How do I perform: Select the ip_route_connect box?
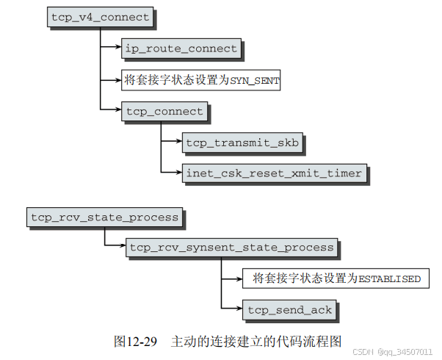tap(181, 48)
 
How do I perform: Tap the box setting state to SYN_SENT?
tap(200, 79)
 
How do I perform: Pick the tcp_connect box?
tap(164, 112)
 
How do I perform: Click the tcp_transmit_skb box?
tap(242, 143)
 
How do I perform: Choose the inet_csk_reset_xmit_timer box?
tap(274, 173)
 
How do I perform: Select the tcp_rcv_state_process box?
tap(104, 217)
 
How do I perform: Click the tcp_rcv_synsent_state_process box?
tap(231, 248)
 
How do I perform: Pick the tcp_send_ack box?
tap(290, 309)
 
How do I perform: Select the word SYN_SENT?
tap(254, 80)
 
